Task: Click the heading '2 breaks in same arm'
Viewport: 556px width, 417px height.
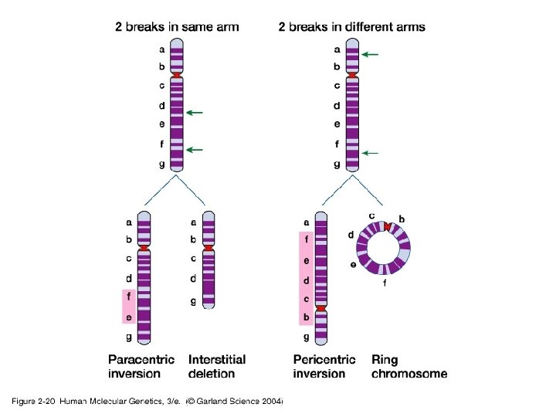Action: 177,27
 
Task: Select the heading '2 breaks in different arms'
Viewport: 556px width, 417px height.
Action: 351,27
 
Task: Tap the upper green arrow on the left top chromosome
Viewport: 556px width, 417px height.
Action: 194,113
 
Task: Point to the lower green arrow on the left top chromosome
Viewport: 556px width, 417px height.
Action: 194,149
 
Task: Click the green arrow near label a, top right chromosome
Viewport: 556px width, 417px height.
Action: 371,55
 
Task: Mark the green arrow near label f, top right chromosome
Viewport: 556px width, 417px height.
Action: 371,154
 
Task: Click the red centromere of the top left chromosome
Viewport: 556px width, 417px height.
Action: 178,75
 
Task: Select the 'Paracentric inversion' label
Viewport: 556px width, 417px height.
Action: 141,366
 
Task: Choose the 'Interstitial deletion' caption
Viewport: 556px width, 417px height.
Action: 217,366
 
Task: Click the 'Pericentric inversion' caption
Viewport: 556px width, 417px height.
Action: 324,366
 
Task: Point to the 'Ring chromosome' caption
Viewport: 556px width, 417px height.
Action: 409,366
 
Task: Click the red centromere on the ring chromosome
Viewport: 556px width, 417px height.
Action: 390,226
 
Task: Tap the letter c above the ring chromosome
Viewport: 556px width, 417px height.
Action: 372,215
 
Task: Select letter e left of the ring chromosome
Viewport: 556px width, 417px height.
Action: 353,265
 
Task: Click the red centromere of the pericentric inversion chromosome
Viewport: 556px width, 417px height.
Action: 321,309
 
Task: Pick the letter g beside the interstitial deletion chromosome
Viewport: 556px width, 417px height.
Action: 193,301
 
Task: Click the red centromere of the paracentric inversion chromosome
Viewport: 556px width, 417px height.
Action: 143,248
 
